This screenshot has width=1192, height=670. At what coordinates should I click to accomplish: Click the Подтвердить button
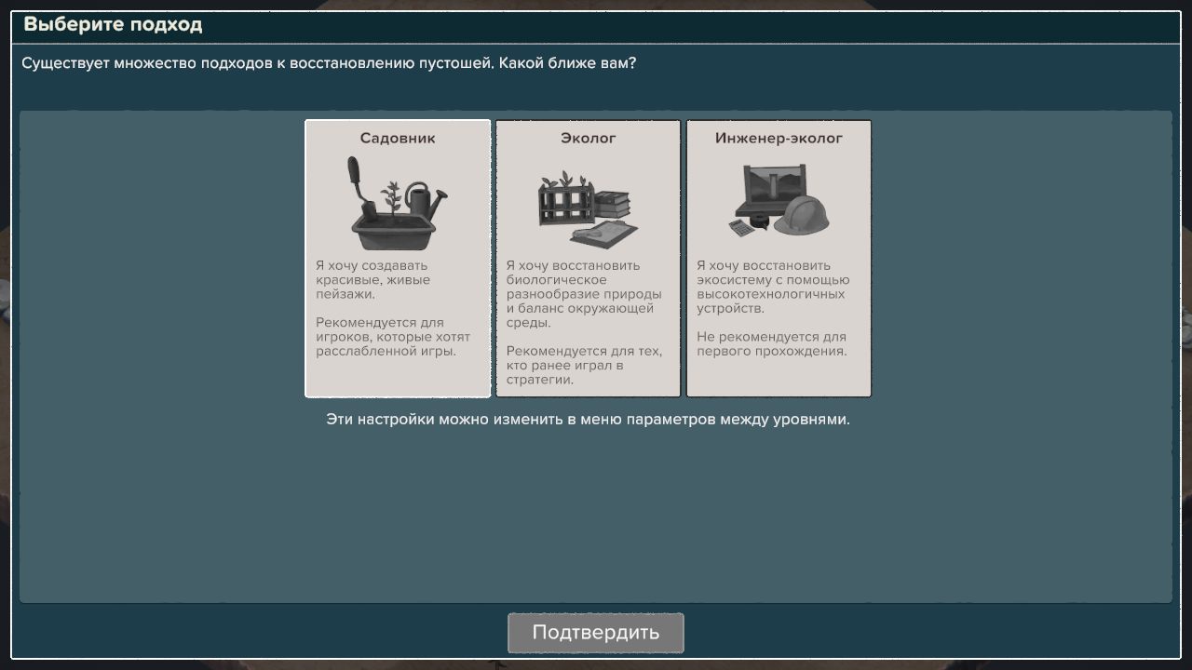595,633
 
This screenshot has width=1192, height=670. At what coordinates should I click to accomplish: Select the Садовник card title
398,139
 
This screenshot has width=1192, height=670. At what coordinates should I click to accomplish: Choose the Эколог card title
588,139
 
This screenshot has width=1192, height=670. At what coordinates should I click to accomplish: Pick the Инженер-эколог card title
779,139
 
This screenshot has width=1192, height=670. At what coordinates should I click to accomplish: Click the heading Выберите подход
113,25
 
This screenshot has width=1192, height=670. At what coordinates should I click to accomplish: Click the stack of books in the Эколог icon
612,204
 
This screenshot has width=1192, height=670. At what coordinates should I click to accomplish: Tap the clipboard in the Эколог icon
603,233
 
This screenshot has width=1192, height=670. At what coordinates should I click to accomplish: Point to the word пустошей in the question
450,64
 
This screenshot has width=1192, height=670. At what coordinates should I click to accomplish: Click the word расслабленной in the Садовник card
362,352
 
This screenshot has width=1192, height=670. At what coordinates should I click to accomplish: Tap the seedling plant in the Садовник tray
391,199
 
